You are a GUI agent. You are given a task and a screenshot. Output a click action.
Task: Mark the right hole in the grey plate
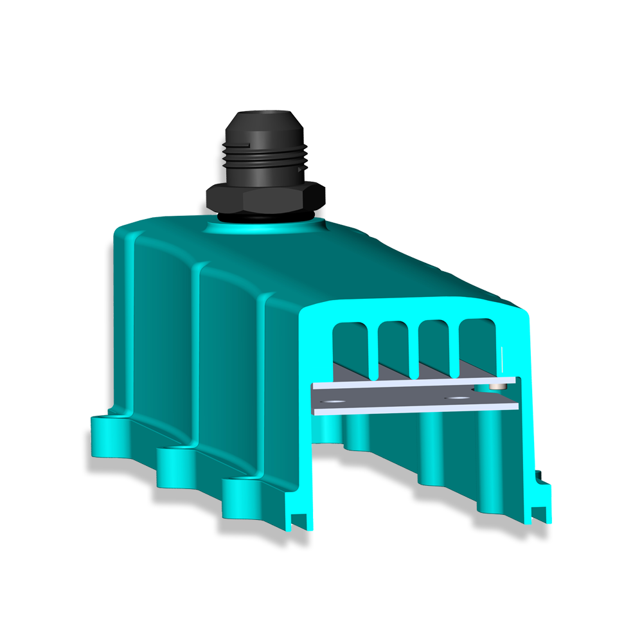(x=458, y=398)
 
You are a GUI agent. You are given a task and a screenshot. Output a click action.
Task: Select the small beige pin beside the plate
(x=495, y=386)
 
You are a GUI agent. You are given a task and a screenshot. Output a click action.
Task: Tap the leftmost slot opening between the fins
(x=351, y=347)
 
